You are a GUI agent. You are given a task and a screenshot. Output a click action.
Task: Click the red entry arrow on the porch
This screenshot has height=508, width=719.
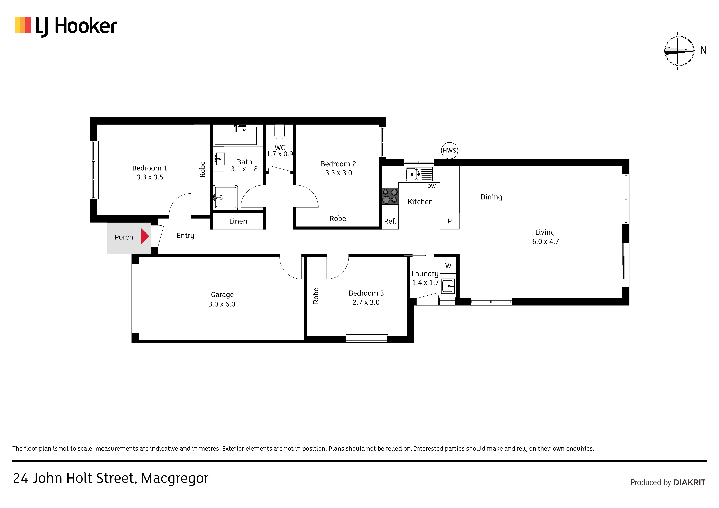tap(144, 236)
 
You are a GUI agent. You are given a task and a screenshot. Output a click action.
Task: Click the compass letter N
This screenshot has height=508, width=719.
tap(703, 50)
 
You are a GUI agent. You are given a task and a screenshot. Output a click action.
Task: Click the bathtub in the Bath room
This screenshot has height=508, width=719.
tap(236, 136)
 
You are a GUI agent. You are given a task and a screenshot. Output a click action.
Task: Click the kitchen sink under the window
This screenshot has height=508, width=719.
tap(419, 174)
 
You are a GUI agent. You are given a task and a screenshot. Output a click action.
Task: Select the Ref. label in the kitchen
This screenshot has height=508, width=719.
tap(390, 221)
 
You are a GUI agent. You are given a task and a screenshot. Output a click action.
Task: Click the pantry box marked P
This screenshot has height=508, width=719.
tap(449, 221)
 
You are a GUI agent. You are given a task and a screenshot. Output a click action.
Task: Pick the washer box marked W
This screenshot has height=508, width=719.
tap(448, 266)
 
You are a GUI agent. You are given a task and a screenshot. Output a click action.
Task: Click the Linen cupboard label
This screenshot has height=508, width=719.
tap(238, 221)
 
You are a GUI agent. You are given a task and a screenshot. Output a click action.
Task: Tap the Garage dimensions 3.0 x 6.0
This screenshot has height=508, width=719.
tap(222, 304)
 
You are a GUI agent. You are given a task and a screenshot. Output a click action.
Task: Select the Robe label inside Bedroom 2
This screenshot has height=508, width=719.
tap(338, 219)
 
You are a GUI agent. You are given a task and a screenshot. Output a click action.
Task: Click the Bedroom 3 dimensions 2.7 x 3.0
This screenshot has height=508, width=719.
tap(366, 302)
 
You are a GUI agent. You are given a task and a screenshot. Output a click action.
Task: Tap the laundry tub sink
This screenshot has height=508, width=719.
tap(448, 286)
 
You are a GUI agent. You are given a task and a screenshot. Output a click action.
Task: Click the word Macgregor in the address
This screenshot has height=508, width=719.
tap(175, 479)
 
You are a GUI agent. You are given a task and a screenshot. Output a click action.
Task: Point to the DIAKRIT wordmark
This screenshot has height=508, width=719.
tap(689, 482)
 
